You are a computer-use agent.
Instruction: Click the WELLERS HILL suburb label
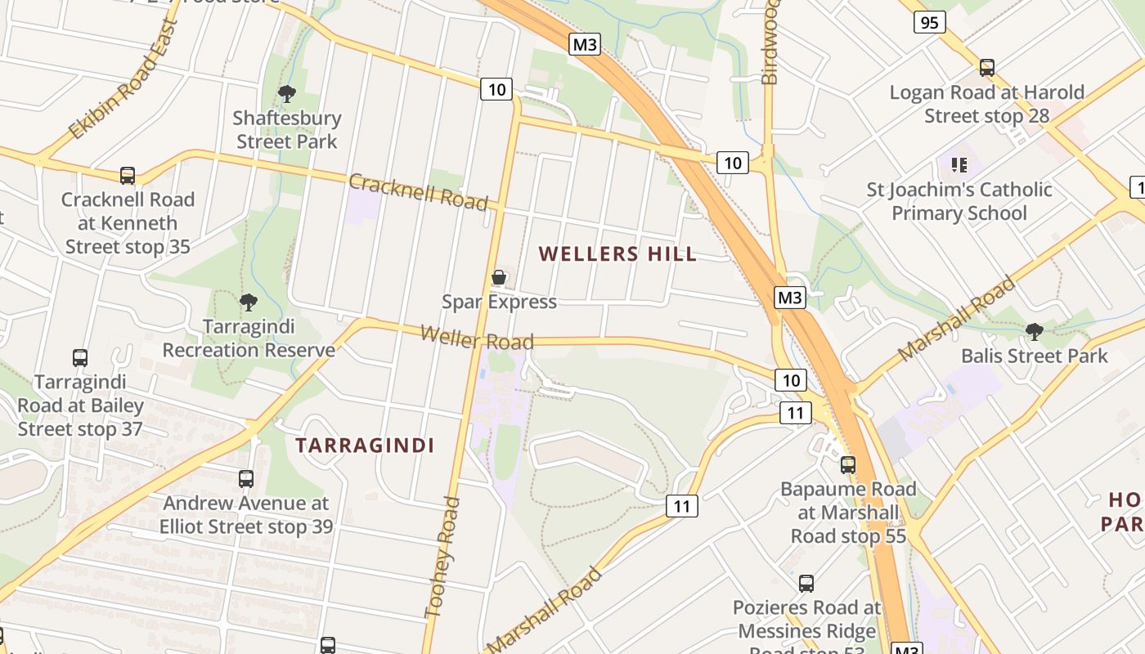[x=618, y=253]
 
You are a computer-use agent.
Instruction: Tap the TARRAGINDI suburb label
[x=365, y=446]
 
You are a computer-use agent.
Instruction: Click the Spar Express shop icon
[x=499, y=278]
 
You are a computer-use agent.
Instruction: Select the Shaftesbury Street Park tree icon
[x=287, y=94]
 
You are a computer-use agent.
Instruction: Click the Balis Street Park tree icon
[x=1035, y=331]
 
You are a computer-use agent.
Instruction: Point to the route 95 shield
[x=929, y=22]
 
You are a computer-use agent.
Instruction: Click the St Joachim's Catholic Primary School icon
[x=959, y=165]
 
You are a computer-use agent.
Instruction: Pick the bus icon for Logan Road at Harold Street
[x=987, y=68]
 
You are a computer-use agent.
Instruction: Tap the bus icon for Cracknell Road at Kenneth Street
[x=128, y=175]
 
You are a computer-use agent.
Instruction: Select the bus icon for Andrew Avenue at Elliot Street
[x=246, y=479]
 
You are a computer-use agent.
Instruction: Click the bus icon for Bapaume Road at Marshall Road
[x=848, y=465]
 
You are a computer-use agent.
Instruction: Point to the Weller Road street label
[x=477, y=337]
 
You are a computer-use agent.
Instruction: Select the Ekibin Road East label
[x=123, y=79]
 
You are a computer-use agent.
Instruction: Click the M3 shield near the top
[x=585, y=44]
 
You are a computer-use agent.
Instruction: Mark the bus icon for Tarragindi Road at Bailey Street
[x=80, y=358]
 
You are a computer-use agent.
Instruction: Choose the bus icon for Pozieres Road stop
[x=806, y=584]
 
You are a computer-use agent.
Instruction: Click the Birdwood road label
[x=770, y=41]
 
